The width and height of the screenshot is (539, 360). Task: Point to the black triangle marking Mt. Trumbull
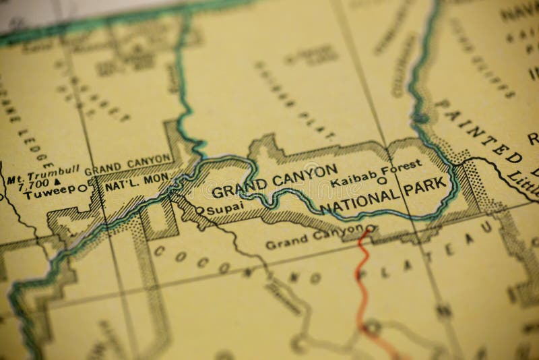pos(57,182)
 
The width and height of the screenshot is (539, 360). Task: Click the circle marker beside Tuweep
pos(82,188)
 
